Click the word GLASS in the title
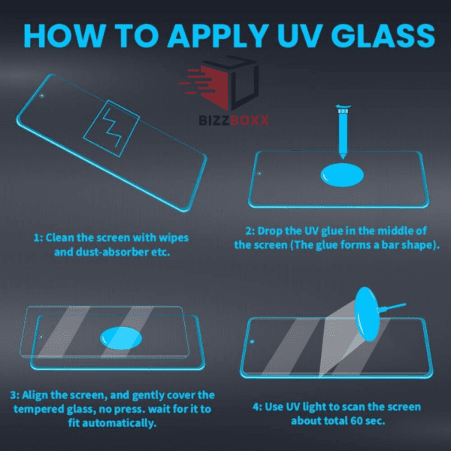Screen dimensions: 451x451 (x=383, y=35)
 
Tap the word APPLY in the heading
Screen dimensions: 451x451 (x=218, y=35)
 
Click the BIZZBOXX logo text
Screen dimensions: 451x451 (x=234, y=120)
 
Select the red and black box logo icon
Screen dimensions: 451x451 (x=219, y=83)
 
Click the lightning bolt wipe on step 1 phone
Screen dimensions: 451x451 (x=111, y=129)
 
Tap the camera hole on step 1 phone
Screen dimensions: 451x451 (x=42, y=95)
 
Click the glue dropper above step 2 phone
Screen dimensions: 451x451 (x=344, y=132)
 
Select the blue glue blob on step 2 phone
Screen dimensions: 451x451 (x=342, y=175)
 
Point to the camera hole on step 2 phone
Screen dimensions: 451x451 (x=259, y=174)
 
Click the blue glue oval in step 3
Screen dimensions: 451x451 (x=121, y=338)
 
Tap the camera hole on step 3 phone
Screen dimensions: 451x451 (x=41, y=337)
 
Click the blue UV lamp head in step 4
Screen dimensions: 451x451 (x=366, y=314)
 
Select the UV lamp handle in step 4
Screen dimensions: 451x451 (x=392, y=307)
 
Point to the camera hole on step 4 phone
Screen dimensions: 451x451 (x=253, y=342)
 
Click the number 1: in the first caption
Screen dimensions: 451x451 (x=38, y=238)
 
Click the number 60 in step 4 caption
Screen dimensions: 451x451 (x=356, y=421)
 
